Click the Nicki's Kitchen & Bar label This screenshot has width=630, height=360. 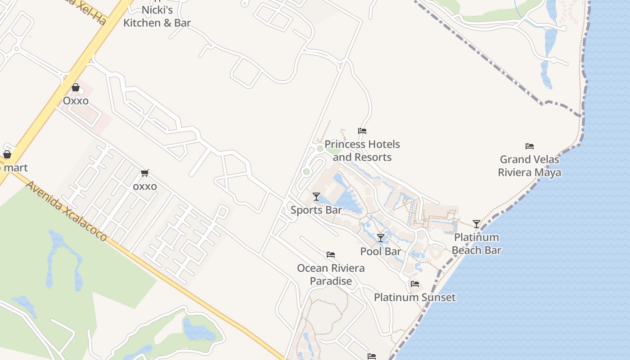157,16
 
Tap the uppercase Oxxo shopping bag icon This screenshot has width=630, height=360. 76,87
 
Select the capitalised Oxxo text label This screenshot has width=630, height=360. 76,101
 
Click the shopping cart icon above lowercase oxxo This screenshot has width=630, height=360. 144,173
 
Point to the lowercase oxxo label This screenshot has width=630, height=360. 145,186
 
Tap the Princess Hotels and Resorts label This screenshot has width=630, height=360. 362,151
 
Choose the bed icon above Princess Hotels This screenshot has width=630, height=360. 362,131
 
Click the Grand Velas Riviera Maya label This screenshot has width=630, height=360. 530,166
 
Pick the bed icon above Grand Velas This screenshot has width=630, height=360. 530,146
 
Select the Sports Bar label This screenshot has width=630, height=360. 316,210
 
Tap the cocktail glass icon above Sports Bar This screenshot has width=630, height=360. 316,197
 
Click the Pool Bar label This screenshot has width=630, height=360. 381,252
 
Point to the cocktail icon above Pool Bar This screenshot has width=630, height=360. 381,238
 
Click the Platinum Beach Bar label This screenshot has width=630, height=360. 477,244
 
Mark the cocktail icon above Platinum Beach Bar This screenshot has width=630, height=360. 477,224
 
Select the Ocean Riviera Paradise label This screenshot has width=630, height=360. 331,274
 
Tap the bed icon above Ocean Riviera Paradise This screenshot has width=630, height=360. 331,255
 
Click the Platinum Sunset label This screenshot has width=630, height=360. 415,297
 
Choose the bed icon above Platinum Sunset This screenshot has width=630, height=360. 415,284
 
